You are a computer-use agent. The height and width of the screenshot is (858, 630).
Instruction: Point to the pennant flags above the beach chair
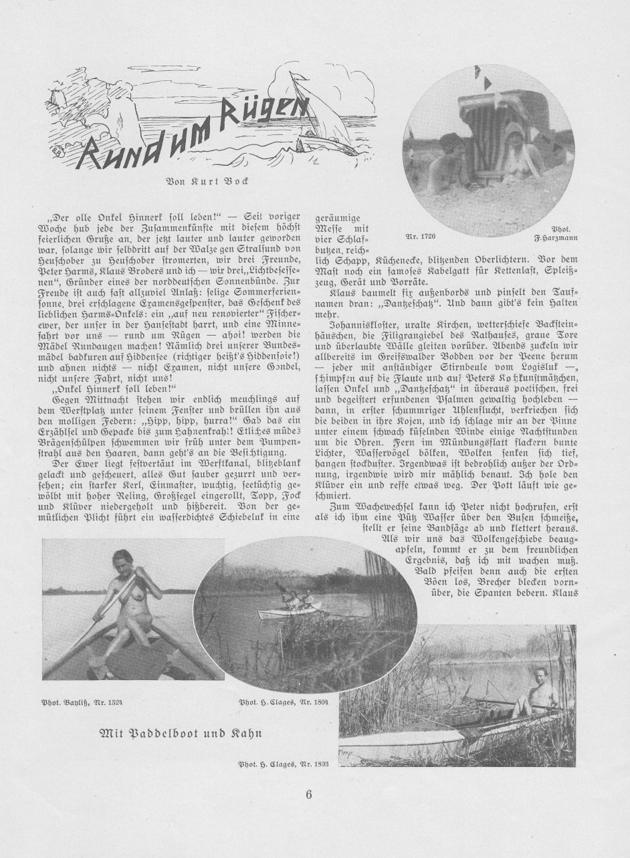pyautogui.click(x=482, y=77)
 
